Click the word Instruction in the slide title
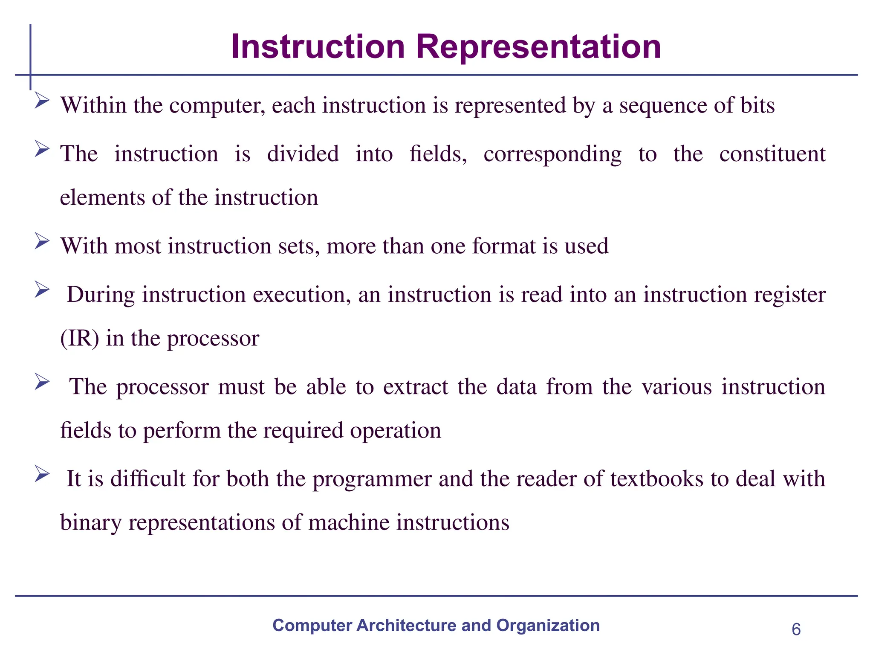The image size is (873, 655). pos(318,47)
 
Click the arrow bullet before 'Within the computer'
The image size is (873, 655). pos(42,101)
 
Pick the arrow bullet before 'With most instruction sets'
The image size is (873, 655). pos(42,241)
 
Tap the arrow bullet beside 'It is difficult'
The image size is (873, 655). pos(42,474)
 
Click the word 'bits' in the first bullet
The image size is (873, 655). pos(757,105)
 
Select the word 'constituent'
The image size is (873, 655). pos(772,154)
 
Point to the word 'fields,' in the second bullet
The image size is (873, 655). pos(438,154)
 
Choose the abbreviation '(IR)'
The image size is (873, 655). pos(80,339)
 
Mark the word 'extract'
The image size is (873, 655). pos(416,387)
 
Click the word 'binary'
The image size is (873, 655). pos(91,523)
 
